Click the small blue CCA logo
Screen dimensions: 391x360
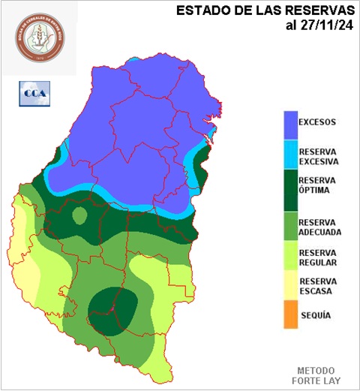click(33, 94)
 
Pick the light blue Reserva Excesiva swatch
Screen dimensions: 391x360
click(289, 155)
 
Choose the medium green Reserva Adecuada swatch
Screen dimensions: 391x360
click(289, 226)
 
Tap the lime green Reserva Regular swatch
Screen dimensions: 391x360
click(289, 258)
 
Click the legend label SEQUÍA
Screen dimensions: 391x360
click(315, 315)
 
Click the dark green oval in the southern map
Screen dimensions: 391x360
click(112, 309)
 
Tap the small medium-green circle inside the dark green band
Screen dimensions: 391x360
click(79, 216)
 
